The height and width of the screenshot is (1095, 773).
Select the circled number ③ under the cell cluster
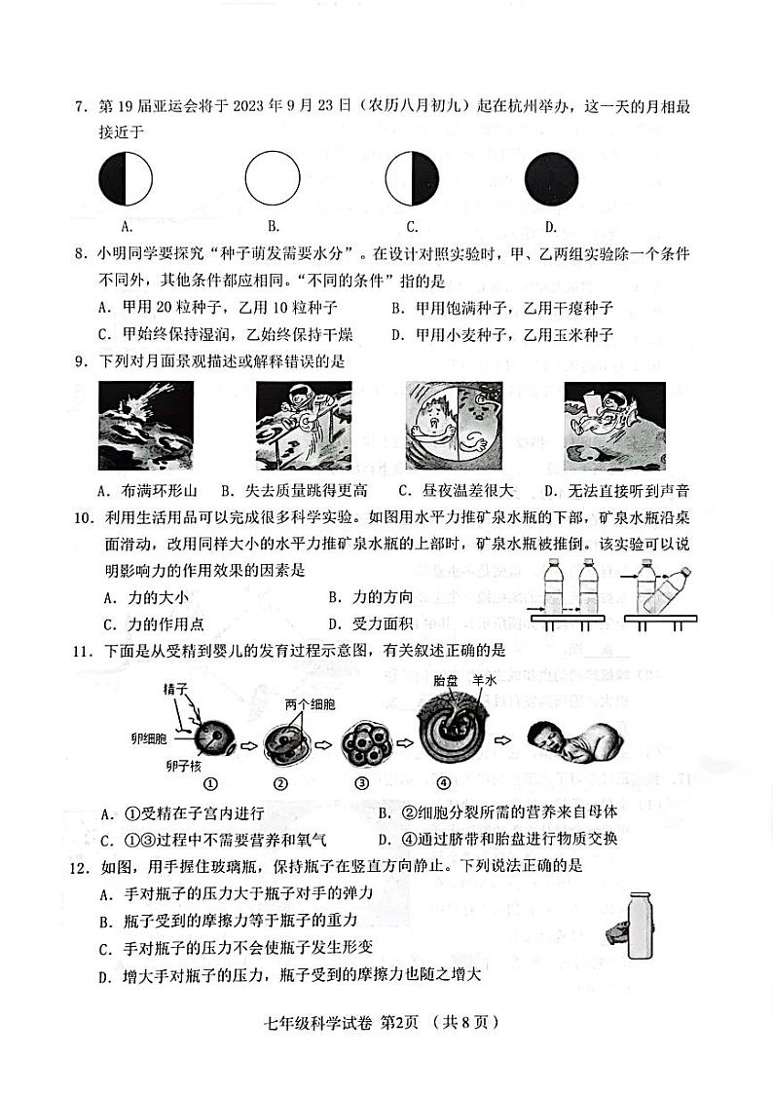[x=361, y=781]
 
